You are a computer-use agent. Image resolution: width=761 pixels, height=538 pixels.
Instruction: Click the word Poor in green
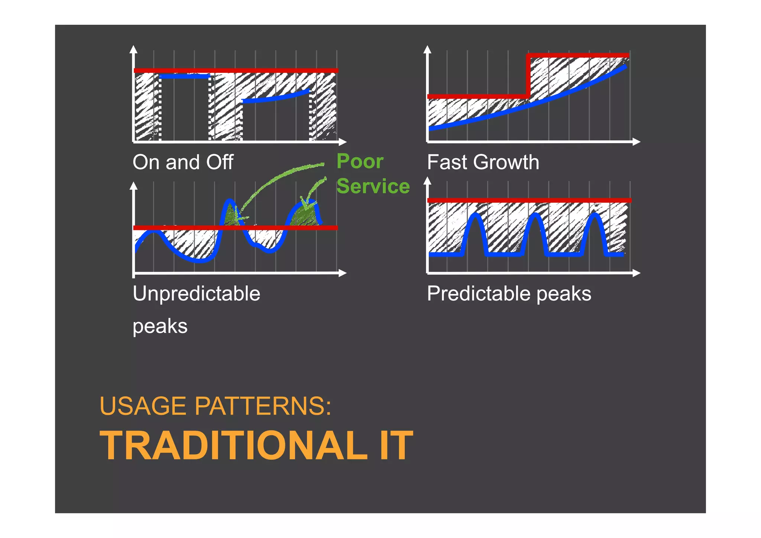360,162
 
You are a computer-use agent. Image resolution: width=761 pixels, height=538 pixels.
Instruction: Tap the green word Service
373,186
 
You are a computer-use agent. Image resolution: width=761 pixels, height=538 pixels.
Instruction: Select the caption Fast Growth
483,162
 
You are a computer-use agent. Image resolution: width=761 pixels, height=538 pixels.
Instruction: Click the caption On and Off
183,162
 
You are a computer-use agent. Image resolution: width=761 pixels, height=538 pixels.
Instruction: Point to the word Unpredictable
196,294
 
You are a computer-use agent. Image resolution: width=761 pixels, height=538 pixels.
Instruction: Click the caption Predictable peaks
509,294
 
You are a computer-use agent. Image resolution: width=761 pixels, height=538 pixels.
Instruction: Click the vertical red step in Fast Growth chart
528,76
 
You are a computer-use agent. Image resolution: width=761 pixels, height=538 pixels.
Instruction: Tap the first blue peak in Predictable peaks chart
475,216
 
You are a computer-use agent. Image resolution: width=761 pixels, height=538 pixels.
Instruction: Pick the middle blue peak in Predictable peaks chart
535,216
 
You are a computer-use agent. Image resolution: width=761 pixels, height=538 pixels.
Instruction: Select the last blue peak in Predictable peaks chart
595,215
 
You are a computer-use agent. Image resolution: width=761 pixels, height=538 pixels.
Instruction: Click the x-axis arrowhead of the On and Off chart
343,142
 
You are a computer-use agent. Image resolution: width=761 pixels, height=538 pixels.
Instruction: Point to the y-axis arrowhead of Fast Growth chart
427,50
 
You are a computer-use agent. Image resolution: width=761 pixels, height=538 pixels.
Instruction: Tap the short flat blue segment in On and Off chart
185,77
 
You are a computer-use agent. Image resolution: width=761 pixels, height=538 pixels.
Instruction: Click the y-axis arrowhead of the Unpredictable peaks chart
134,186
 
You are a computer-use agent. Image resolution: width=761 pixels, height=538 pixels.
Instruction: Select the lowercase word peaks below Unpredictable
160,326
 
